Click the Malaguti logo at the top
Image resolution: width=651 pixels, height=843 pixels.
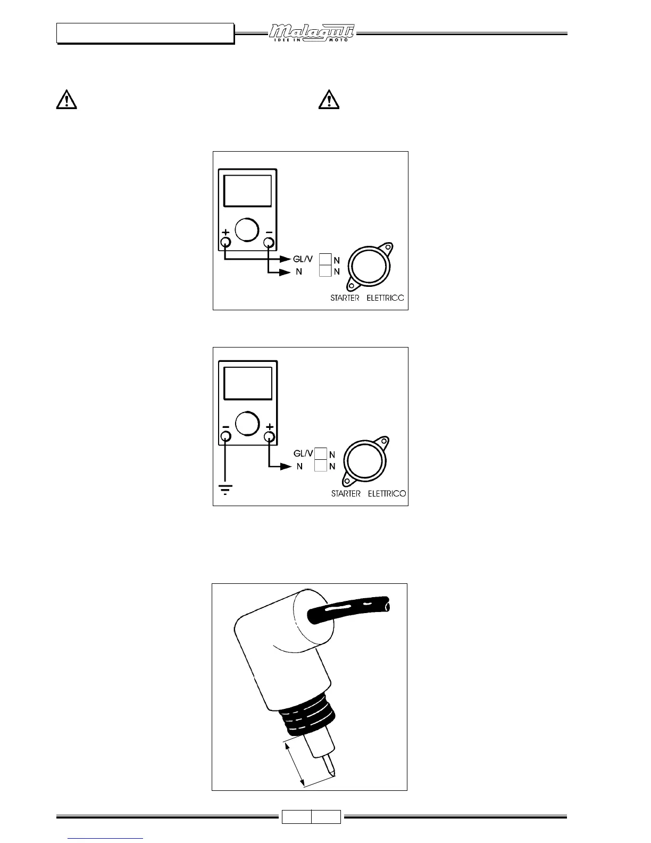[x=311, y=34]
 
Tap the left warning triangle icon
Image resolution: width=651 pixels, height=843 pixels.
[x=66, y=101]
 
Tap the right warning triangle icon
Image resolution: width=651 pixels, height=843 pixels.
[x=329, y=101]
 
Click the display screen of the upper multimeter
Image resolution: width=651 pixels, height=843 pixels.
[x=248, y=191]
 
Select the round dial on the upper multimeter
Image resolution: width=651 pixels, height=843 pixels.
[x=245, y=229]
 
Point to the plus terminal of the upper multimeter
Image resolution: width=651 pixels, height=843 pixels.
[x=226, y=243]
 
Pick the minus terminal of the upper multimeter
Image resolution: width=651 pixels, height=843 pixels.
[x=269, y=243]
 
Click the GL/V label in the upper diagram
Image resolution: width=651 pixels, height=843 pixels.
[x=303, y=259]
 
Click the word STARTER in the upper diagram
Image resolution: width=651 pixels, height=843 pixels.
[x=345, y=297]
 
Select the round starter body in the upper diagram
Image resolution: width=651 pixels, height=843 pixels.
[x=368, y=265]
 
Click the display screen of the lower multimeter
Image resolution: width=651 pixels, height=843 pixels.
[x=248, y=383]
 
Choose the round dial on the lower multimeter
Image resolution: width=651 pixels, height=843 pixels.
[x=247, y=423]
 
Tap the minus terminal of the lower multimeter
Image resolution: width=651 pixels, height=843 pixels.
[x=226, y=437]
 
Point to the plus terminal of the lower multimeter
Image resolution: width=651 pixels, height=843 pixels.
[x=270, y=437]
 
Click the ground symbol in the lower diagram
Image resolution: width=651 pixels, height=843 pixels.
[x=226, y=489]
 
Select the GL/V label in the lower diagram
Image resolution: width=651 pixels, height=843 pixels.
[x=303, y=453]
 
